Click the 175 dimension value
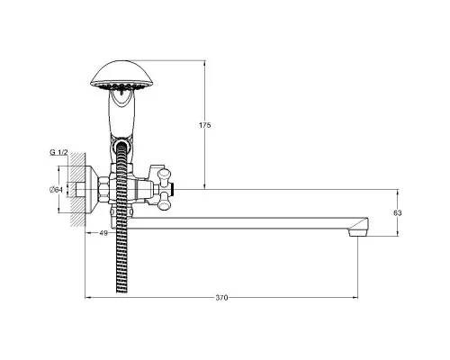click(205, 125)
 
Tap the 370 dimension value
click(221, 298)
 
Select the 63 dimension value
click(398, 213)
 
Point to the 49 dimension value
click(103, 233)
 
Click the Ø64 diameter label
click(56, 190)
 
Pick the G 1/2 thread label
click(58, 152)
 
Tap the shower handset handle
click(121, 115)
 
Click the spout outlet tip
click(358, 233)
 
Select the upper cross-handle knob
click(165, 176)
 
